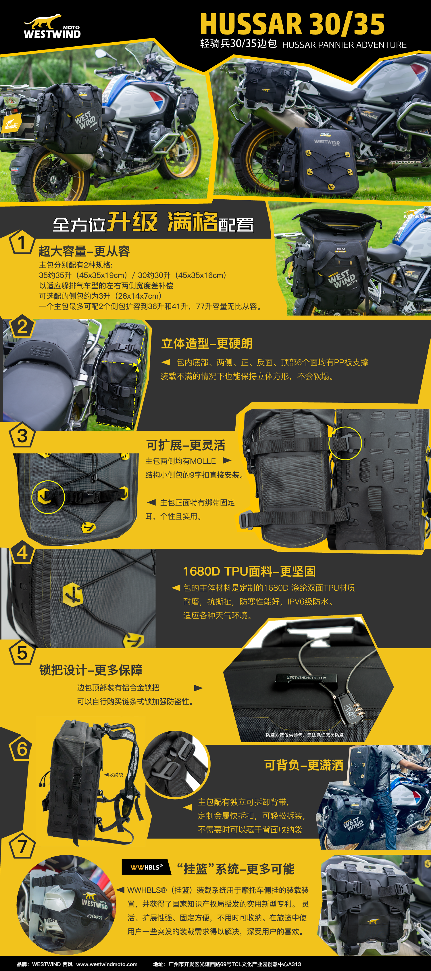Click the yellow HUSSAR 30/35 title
(292, 24)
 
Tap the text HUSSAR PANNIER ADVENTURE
(344, 45)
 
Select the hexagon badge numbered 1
(22, 242)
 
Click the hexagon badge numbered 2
(22, 327)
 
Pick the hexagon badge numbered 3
(22, 435)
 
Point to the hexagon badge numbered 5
(22, 653)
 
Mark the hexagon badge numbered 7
(22, 847)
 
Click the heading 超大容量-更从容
(84, 251)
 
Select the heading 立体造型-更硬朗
(207, 344)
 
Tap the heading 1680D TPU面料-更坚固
(249, 571)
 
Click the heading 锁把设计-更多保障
(91, 670)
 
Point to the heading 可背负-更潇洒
(304, 765)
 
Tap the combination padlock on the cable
(350, 709)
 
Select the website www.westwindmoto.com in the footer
(107, 964)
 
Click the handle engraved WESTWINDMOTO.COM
(306, 678)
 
